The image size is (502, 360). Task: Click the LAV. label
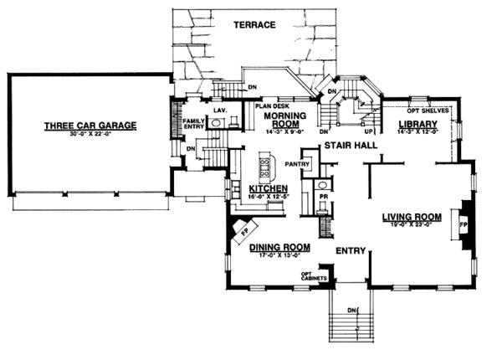tap(222, 110)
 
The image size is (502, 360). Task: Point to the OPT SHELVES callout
tap(430, 111)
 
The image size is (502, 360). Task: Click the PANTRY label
tap(297, 163)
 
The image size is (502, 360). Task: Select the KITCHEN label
tap(269, 188)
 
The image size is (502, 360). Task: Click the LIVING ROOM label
tap(411, 216)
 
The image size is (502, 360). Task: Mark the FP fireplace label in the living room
tap(463, 224)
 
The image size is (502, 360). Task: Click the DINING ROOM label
tap(280, 247)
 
